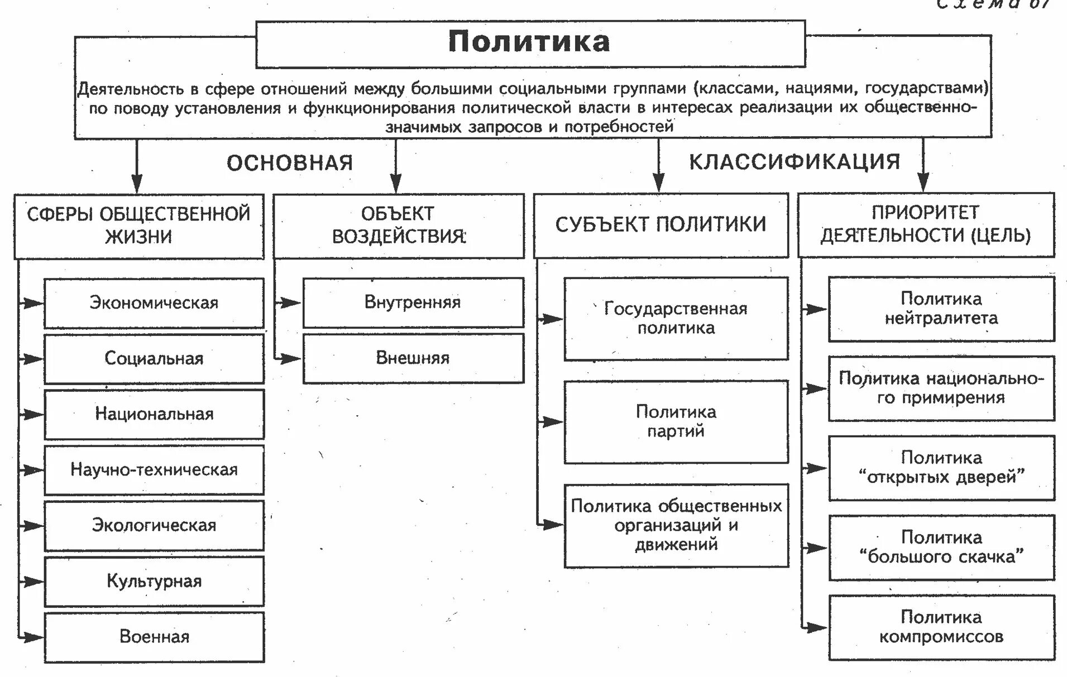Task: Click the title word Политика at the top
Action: pyautogui.click(x=529, y=42)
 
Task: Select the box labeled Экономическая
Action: pyautogui.click(x=154, y=303)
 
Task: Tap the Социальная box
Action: pyautogui.click(x=154, y=358)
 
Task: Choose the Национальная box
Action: pyautogui.click(x=154, y=414)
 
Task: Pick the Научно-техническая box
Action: pyautogui.click(x=154, y=470)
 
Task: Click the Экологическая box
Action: pyautogui.click(x=154, y=525)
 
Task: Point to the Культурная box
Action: pyautogui.click(x=154, y=581)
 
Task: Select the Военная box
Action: pyautogui.click(x=154, y=637)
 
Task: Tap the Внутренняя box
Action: pyautogui.click(x=413, y=303)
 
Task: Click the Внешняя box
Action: pyautogui.click(x=413, y=358)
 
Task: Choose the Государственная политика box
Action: pyautogui.click(x=676, y=318)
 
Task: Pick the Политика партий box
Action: pyautogui.click(x=676, y=421)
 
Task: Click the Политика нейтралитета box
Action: pyautogui.click(x=941, y=309)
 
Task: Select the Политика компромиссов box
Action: pyautogui.click(x=941, y=627)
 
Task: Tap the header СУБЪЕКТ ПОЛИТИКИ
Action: pyautogui.click(x=661, y=224)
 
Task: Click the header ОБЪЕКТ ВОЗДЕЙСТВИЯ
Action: pyautogui.click(x=398, y=225)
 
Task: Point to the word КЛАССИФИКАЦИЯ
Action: pyautogui.click(x=795, y=162)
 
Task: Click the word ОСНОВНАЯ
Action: pyautogui.click(x=290, y=163)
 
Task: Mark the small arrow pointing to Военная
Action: pyautogui.click(x=32, y=637)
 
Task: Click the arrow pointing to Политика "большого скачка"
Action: pyautogui.click(x=815, y=548)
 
